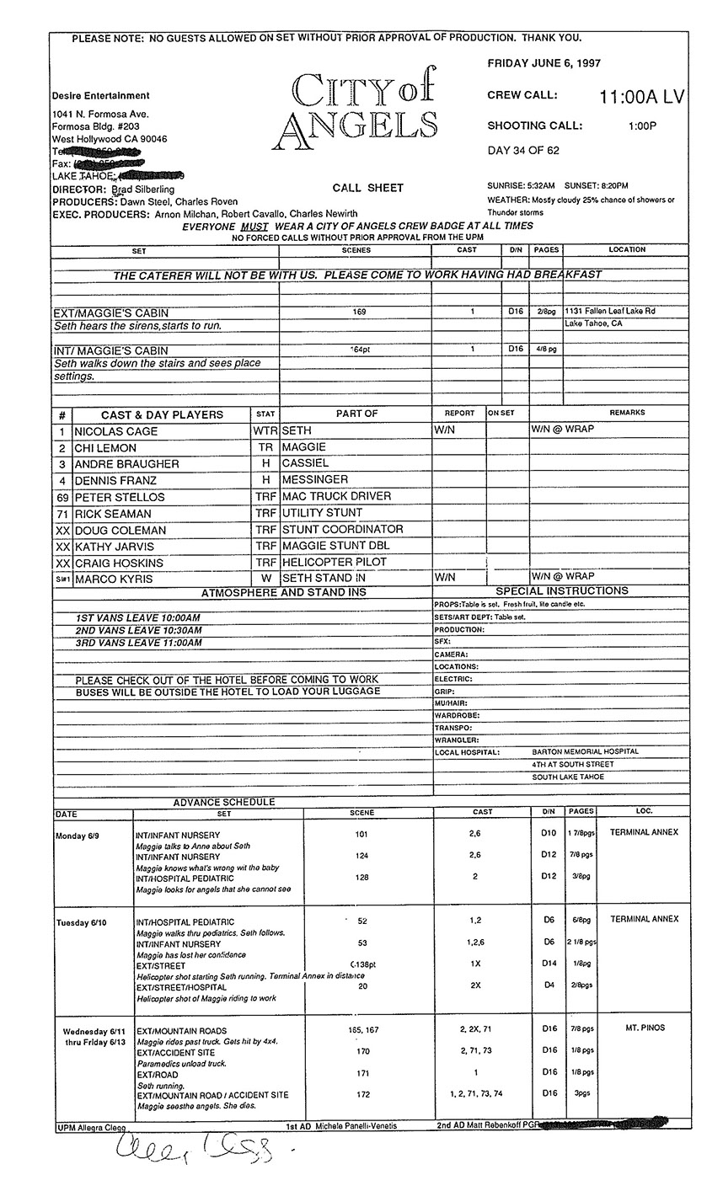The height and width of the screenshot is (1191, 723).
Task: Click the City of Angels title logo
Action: coord(362,106)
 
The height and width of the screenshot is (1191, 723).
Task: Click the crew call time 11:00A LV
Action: coord(641,98)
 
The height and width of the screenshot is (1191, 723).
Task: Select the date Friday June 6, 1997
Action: coord(544,63)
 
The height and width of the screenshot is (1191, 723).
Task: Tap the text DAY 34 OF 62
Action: coord(523,151)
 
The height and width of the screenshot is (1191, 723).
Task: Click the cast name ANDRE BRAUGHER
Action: coord(126,464)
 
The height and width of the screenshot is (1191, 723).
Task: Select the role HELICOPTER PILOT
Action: coord(343,562)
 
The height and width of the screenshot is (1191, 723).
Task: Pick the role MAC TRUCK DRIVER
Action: coord(337,497)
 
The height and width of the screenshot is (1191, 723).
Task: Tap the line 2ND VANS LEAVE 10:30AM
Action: coord(139,630)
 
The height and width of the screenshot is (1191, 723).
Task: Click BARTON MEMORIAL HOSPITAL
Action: coord(585,751)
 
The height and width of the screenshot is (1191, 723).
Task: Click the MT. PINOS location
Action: coord(644,1030)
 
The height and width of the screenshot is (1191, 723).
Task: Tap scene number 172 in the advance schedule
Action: coord(362,1095)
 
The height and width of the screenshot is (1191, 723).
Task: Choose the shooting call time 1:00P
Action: coord(642,126)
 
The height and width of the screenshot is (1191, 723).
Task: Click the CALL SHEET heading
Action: coord(367,188)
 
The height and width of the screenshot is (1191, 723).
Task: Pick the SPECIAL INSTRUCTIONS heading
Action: coord(561,591)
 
